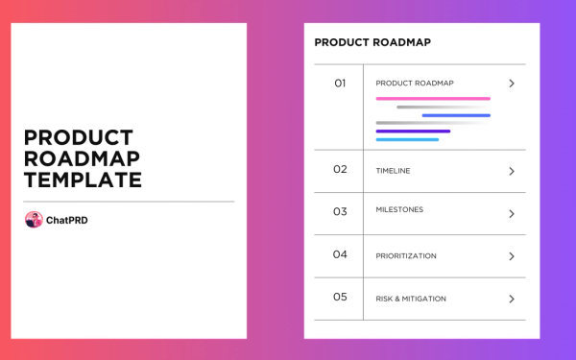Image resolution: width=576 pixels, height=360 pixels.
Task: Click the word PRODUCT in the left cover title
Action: click(79, 137)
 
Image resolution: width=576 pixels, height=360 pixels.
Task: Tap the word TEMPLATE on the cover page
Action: click(83, 180)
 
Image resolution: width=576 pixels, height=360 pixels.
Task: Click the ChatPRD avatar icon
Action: click(34, 220)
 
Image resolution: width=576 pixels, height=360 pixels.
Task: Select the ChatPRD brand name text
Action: click(67, 220)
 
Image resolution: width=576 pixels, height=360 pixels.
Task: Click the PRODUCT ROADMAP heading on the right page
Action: click(372, 42)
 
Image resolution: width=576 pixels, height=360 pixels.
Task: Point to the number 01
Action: click(340, 84)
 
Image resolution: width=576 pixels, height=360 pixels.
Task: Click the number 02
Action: click(340, 170)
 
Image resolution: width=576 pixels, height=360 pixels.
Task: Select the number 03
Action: click(340, 212)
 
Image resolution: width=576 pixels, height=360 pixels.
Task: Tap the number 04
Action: click(340, 255)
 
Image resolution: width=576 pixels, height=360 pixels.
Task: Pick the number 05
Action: click(340, 298)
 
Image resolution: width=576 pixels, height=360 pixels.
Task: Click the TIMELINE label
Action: click(393, 171)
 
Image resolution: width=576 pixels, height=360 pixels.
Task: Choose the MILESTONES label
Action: click(399, 209)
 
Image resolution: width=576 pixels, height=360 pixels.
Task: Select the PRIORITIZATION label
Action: click(406, 256)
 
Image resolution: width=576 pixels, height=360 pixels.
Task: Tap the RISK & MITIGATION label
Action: click(411, 299)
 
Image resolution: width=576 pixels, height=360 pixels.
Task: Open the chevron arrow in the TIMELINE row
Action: click(512, 171)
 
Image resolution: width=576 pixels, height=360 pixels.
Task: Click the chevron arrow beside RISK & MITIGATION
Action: click(512, 299)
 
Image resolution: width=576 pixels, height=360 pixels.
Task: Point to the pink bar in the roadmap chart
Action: click(433, 98)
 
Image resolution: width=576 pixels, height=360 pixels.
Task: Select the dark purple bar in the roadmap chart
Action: click(413, 132)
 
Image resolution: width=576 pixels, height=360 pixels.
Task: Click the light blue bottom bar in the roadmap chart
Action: click(407, 140)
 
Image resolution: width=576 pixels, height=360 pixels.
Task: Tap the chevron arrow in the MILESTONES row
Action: click(512, 214)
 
